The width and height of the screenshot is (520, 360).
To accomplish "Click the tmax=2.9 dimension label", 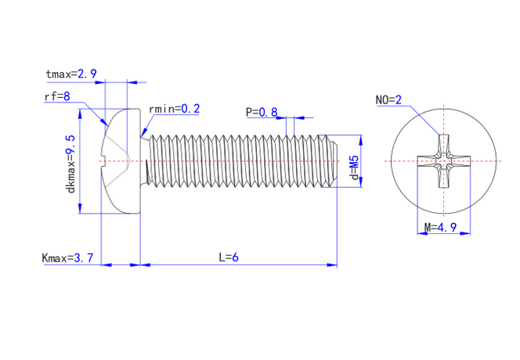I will [70, 74].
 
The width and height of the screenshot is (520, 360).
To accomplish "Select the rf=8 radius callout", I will [56, 96].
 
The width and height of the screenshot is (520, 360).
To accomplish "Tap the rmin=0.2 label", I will [174, 109].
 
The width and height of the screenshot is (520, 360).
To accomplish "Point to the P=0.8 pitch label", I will [262, 112].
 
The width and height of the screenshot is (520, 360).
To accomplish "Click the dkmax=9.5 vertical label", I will [70, 164].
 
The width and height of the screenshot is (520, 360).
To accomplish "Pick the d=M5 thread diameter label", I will [354, 168].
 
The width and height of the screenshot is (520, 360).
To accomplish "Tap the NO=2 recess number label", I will [388, 100].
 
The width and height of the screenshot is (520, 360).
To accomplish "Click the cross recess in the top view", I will [444, 162].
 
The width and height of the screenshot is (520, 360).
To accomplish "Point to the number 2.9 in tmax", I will [87, 74].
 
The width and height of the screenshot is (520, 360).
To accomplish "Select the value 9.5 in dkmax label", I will [70, 147].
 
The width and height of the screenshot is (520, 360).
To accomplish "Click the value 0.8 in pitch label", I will [268, 112].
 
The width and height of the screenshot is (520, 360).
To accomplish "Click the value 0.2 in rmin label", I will [190, 109].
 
